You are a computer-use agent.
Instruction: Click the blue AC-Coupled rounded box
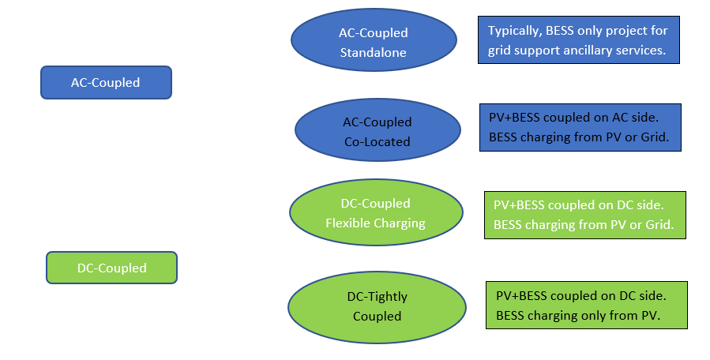pyautogui.click(x=106, y=82)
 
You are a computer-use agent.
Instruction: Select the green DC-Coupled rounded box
pyautogui.click(x=111, y=268)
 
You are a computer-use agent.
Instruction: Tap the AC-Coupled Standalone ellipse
pyautogui.click(x=374, y=43)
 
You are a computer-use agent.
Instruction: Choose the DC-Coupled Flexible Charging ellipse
pyautogui.click(x=375, y=213)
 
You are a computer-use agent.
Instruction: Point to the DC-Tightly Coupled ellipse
pyautogui.click(x=377, y=306)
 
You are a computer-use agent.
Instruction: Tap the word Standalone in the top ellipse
pyautogui.click(x=374, y=53)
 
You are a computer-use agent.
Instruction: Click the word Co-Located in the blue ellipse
pyautogui.click(x=377, y=142)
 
